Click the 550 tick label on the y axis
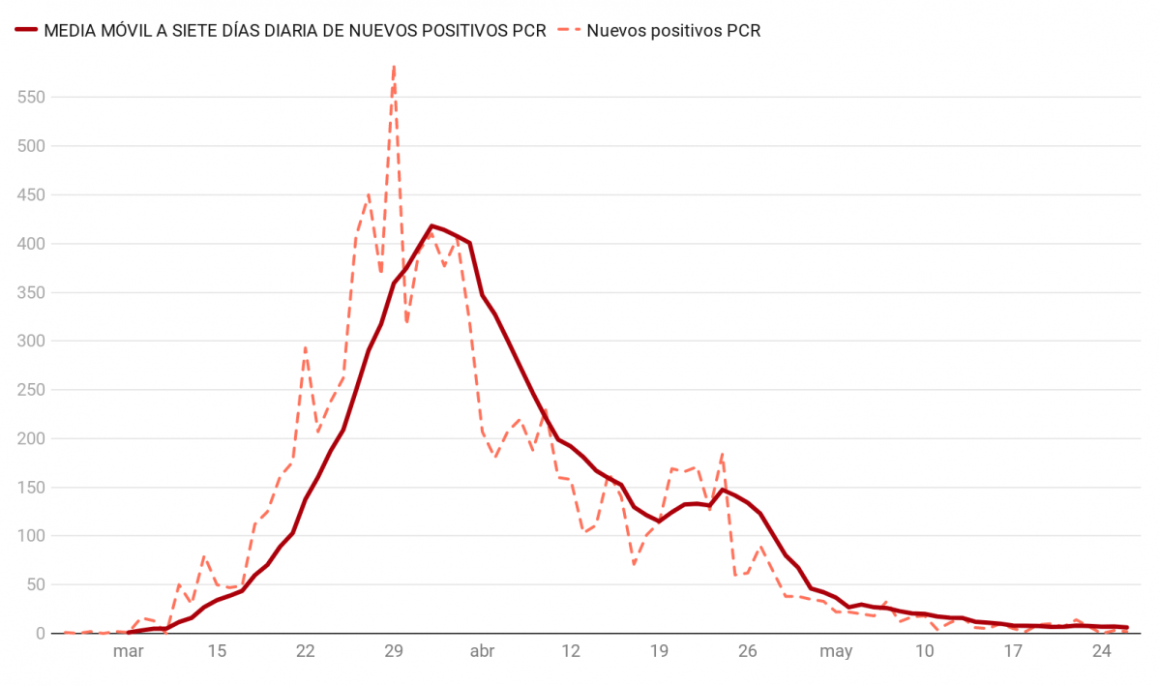click(x=32, y=97)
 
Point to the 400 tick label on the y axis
click(x=32, y=244)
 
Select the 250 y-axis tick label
click(x=32, y=390)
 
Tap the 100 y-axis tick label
click(x=32, y=536)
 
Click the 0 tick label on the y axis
click(x=41, y=634)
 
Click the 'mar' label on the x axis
click(x=128, y=652)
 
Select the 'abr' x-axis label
click(x=482, y=652)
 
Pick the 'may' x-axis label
click(x=836, y=652)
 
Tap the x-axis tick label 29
click(x=394, y=652)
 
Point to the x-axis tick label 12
click(x=571, y=652)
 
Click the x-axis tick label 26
click(x=748, y=652)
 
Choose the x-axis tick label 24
click(x=1101, y=652)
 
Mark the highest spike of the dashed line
click(x=394, y=66)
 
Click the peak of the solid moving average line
click(x=431, y=225)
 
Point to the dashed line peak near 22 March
click(x=306, y=347)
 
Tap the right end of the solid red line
click(x=1126, y=627)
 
